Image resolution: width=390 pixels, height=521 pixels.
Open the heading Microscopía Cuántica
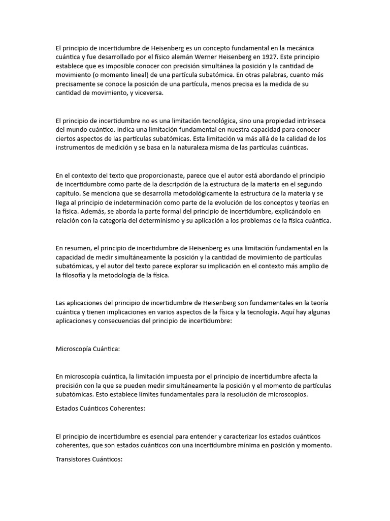[87, 349]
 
